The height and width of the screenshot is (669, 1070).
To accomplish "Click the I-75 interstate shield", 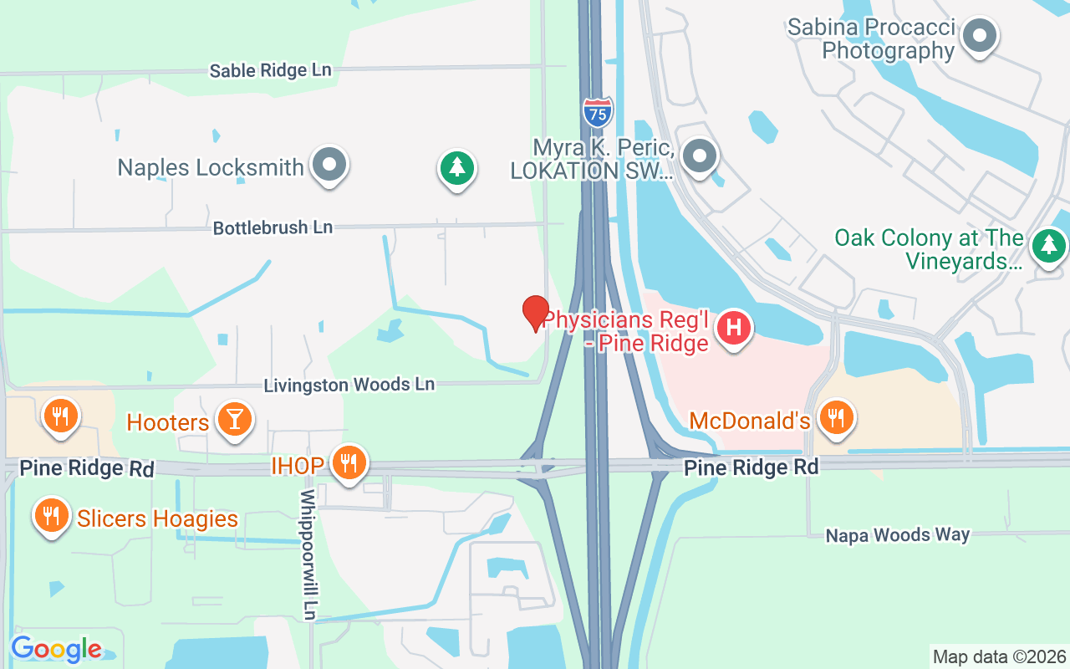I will point(597,112).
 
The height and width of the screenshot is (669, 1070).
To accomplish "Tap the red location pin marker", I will point(536,314).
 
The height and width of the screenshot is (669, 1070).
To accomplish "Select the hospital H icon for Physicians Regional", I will point(734,326).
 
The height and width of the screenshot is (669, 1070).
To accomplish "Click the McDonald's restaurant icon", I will point(835,416).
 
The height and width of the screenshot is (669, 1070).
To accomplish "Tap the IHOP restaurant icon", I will point(349,462).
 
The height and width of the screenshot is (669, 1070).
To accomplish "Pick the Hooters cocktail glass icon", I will point(234,418).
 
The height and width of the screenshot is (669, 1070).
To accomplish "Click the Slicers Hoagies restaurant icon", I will point(52,515).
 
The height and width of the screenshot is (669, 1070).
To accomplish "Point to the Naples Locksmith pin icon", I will point(329,164).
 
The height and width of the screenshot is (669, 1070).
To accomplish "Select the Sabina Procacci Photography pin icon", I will point(980,36).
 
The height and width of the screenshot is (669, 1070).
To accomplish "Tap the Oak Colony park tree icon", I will point(1048,246).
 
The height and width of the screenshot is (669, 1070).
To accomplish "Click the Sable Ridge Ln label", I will point(271,70).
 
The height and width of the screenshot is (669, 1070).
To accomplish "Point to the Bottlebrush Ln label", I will point(273,227).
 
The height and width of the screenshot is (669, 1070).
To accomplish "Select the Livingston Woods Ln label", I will point(349,385).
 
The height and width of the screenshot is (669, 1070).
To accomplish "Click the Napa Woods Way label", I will point(898,534).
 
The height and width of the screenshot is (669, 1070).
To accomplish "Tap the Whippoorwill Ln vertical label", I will point(309,555).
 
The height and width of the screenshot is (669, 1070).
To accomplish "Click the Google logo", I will point(57,649).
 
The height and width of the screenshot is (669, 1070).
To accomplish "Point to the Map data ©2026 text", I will point(999,656).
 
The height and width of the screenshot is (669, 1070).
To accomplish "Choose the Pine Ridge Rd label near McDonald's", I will point(751,467).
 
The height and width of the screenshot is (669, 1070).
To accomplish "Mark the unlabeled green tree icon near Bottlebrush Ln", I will point(457,168).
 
